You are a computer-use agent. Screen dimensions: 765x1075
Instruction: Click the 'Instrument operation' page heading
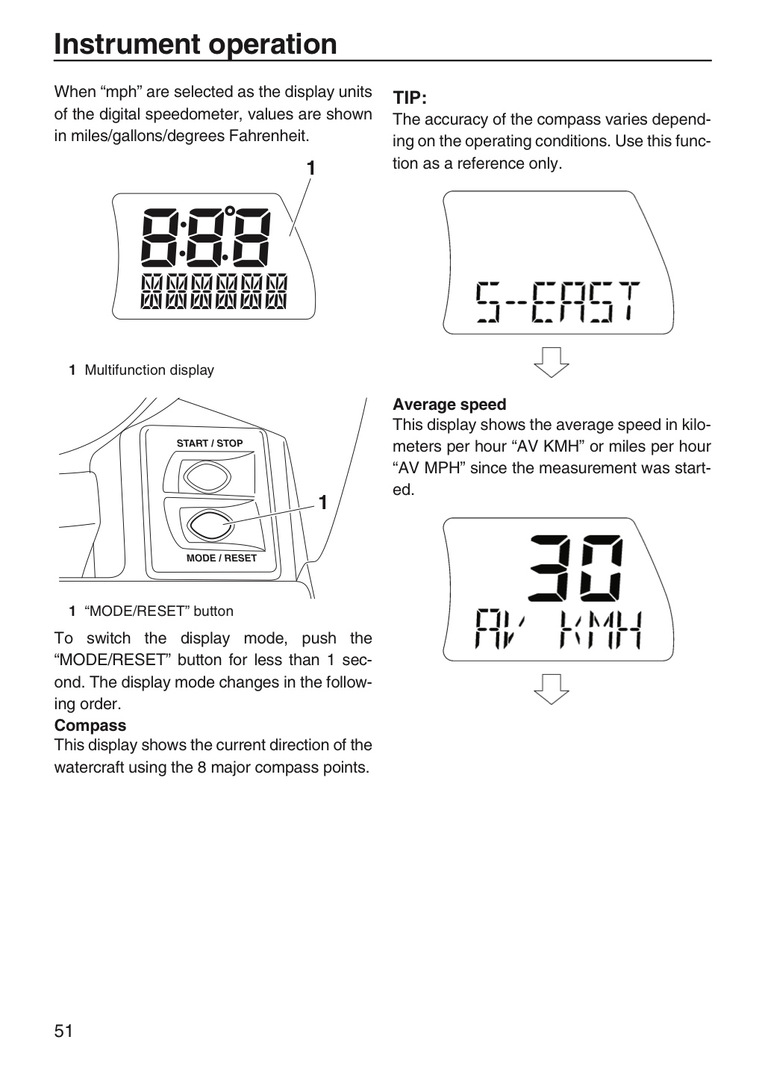(x=196, y=45)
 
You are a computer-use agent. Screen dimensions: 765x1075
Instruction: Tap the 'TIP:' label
(x=410, y=98)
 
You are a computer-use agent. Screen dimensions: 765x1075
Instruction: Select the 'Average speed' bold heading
(x=449, y=405)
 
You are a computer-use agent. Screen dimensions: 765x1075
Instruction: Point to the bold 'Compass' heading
(x=90, y=725)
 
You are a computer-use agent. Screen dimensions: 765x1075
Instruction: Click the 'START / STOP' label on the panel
(x=210, y=443)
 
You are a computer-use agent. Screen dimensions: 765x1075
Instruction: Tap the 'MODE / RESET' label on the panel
(x=221, y=558)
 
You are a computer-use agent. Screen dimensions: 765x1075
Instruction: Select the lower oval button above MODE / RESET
(x=210, y=525)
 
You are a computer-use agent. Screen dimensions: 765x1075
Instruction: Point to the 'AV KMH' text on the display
(x=558, y=630)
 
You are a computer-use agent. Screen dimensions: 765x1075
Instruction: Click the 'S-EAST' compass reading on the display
(x=558, y=302)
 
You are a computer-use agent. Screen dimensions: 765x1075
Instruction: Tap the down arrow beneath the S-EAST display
(x=552, y=362)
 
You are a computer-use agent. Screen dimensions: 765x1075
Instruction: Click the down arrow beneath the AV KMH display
(x=552, y=690)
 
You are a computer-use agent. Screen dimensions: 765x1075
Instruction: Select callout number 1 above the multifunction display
(x=311, y=169)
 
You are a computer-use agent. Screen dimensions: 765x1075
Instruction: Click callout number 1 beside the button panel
(x=323, y=502)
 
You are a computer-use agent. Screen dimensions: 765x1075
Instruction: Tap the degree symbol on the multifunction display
(x=230, y=211)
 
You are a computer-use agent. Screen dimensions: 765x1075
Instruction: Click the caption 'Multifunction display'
(x=149, y=370)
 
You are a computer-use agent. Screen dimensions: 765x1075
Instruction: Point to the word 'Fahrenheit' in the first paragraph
(x=269, y=136)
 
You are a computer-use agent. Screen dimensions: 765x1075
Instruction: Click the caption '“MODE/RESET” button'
(x=159, y=611)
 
